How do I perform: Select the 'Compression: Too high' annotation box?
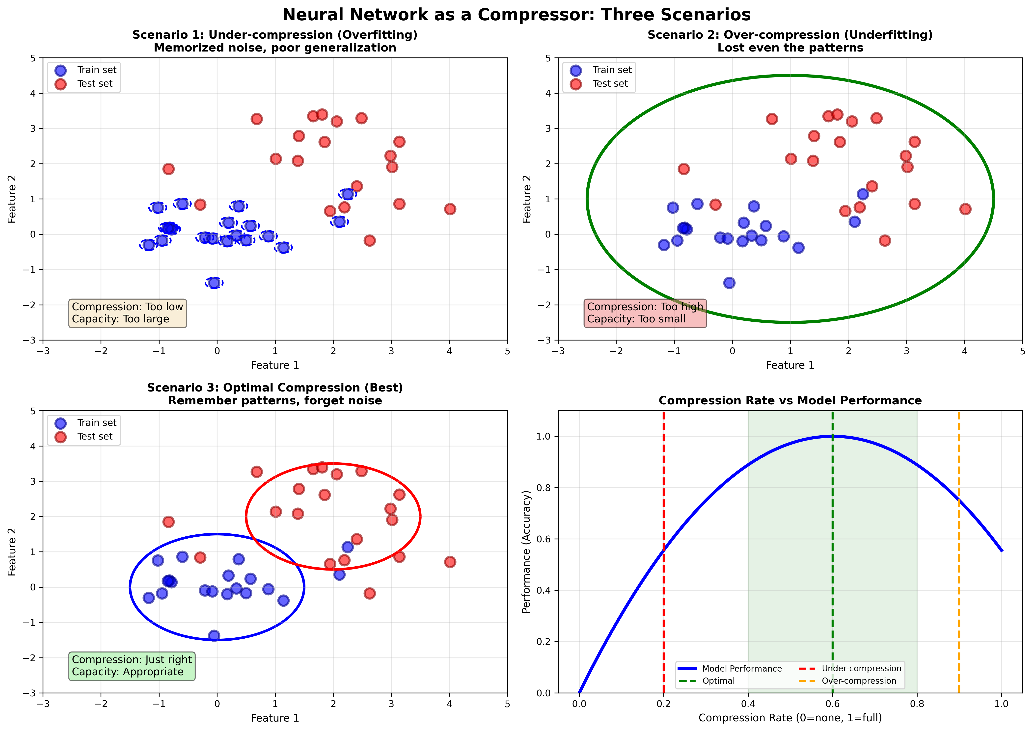point(645,313)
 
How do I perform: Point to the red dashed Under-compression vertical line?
point(663,495)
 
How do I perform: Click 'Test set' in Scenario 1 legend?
point(95,84)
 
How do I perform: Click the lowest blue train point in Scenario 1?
point(214,283)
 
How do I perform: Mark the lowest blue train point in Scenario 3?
point(214,636)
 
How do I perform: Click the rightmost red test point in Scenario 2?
point(965,209)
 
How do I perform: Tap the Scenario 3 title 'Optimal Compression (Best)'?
point(275,388)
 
